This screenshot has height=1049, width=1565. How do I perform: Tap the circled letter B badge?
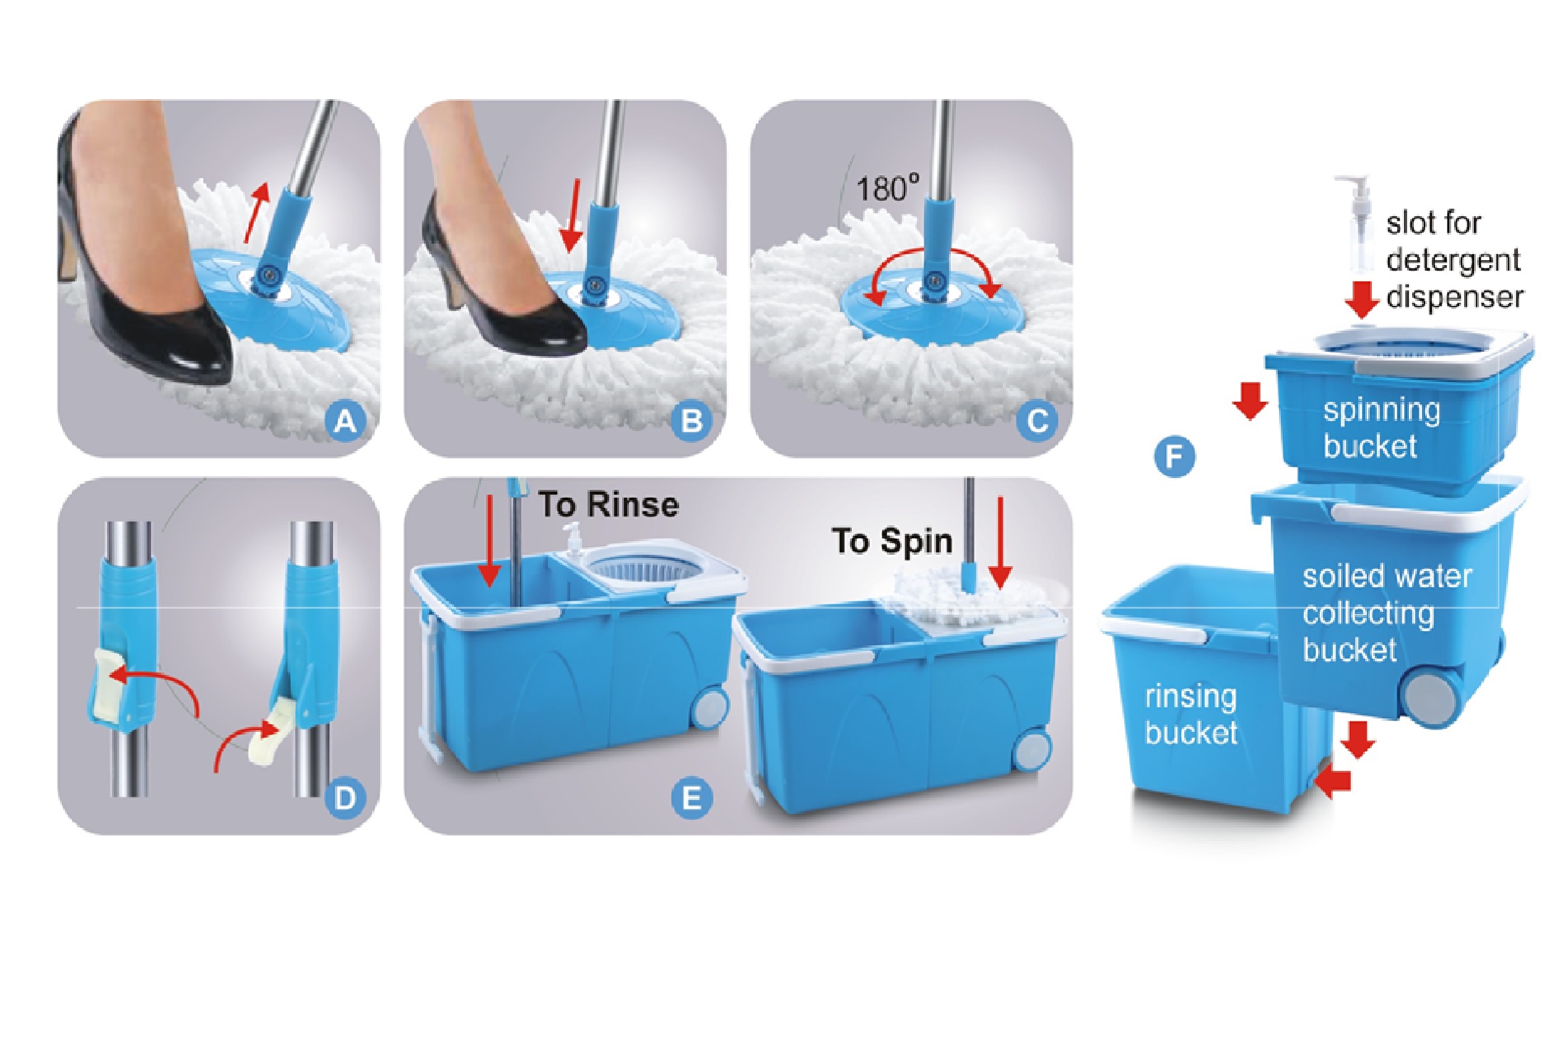691,422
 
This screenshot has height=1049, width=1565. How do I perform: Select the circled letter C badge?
1038,422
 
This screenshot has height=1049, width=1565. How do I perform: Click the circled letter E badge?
691,798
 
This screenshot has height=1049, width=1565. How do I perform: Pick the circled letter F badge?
1174,458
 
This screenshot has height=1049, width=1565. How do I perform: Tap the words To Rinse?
608,505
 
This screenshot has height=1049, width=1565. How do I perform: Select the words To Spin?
891,541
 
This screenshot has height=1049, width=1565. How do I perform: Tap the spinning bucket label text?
1381,428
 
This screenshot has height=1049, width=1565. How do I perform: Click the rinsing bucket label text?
1190,715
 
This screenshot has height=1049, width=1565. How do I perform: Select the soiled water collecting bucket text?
1385,613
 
